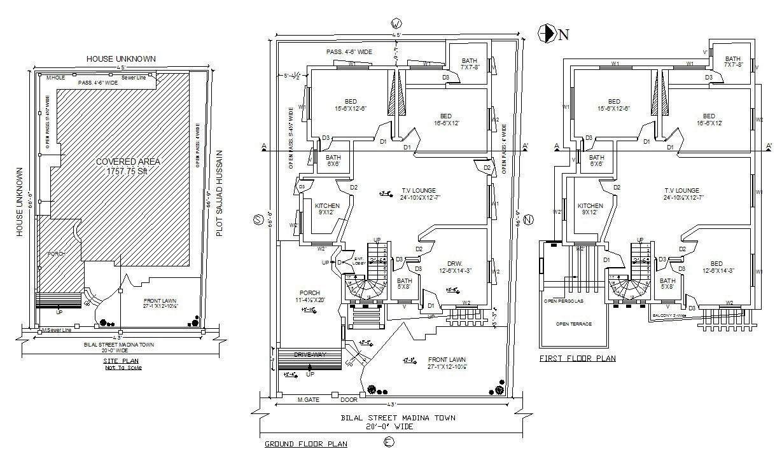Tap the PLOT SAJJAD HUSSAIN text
tap(220, 193)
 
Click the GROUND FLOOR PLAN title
tap(305, 444)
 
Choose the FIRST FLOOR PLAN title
tap(577, 359)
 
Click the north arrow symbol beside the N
tap(547, 33)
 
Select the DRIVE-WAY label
tap(310, 354)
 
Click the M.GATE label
tap(308, 400)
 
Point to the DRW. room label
tap(454, 263)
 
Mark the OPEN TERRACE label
tap(573, 324)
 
